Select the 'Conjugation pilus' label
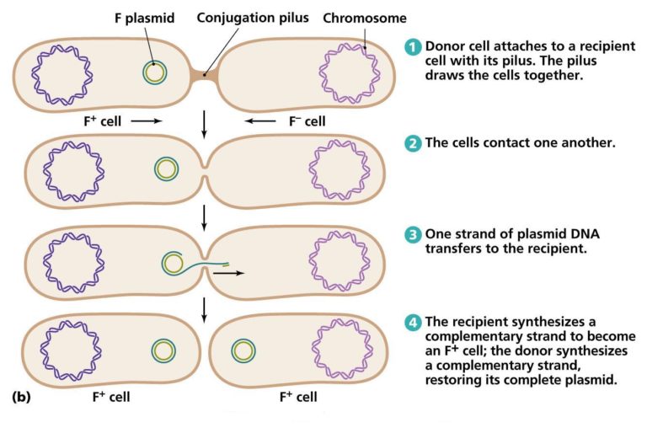(x=252, y=18)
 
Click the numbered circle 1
(x=412, y=47)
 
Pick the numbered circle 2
(x=412, y=143)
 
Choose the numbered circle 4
(x=412, y=323)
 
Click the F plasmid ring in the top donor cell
(x=153, y=73)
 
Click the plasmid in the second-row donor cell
(x=167, y=169)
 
